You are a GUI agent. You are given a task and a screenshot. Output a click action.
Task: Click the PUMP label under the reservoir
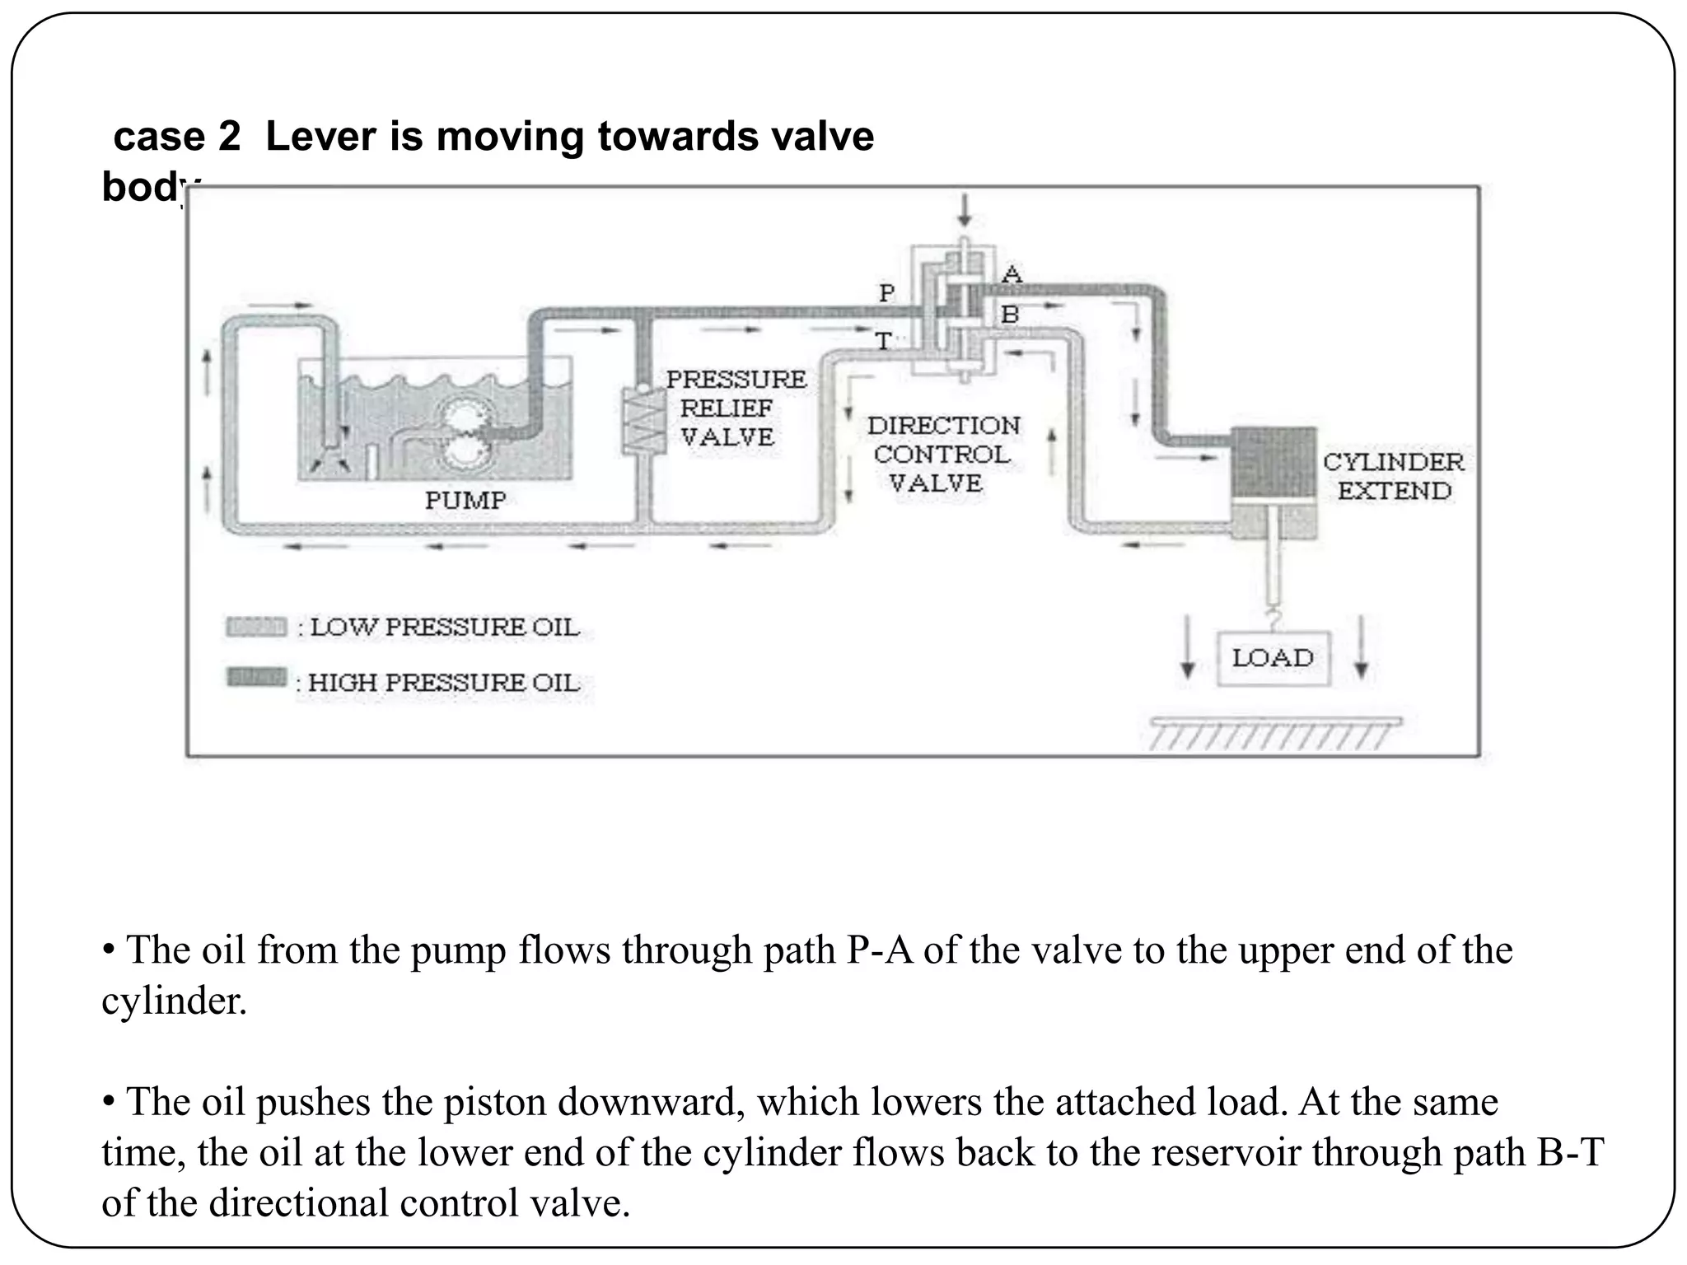[465, 500]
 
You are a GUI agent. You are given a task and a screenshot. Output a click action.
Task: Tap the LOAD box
[1273, 658]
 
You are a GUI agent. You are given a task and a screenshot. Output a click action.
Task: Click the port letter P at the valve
[886, 292]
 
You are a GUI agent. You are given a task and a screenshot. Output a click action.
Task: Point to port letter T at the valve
[883, 340]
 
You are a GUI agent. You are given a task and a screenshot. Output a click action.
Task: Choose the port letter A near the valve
[1012, 274]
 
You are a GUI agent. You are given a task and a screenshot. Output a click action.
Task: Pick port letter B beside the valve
[1010, 314]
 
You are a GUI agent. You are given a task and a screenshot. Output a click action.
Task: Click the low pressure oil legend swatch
[256, 628]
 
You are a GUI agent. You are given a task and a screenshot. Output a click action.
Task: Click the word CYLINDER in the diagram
[1394, 462]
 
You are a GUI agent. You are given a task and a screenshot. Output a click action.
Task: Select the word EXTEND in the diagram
[1394, 491]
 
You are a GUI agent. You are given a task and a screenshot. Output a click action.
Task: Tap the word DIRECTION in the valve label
[943, 426]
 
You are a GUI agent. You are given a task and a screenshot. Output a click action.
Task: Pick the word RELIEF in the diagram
[726, 408]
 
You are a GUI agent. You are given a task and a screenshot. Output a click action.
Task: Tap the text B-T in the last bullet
[1569, 1151]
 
